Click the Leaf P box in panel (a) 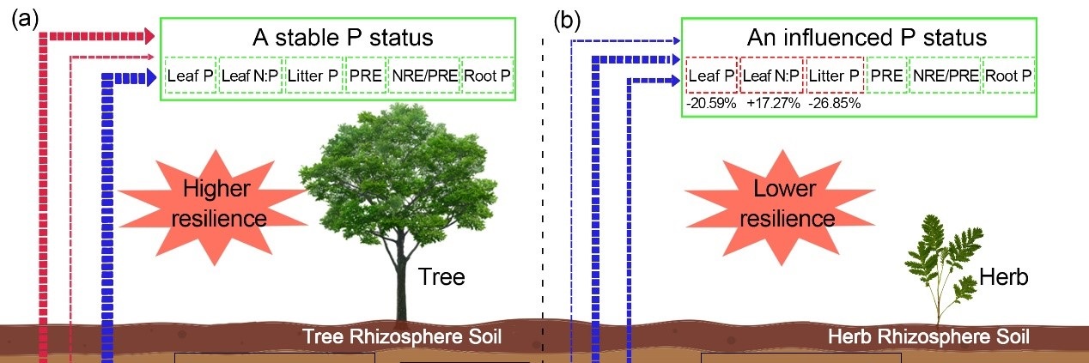coord(191,76)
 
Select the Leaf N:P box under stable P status coord(250,76)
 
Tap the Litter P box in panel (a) coord(313,76)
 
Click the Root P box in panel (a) coord(488,76)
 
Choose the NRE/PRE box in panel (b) coord(945,76)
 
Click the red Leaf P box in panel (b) coord(711,76)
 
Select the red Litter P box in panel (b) coord(835,76)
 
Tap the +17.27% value coord(772,103)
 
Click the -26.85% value coord(835,103)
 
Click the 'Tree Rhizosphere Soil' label coord(402,335)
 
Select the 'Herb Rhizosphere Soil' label coord(928,335)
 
